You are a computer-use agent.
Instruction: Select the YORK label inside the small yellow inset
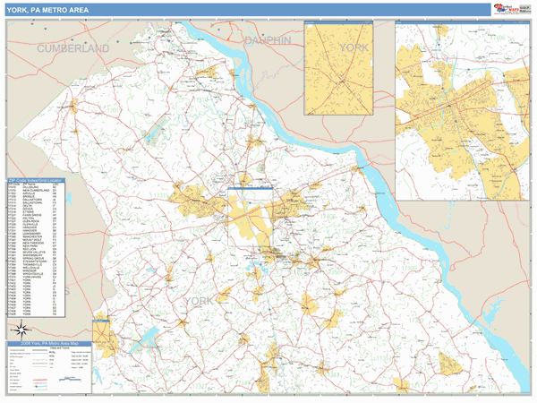tap(354, 46)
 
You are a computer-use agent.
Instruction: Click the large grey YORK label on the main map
tap(199, 302)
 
